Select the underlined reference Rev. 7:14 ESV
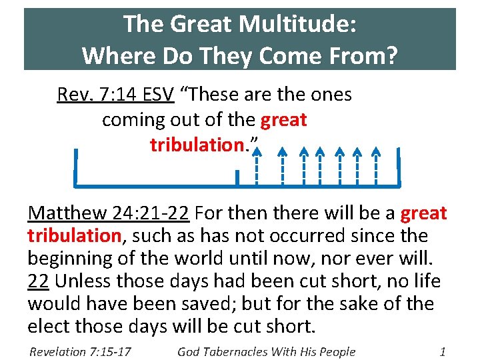click(x=115, y=95)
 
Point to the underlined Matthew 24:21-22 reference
click(x=109, y=213)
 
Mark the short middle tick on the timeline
click(x=237, y=177)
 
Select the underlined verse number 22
click(x=37, y=281)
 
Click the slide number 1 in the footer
click(x=443, y=351)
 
